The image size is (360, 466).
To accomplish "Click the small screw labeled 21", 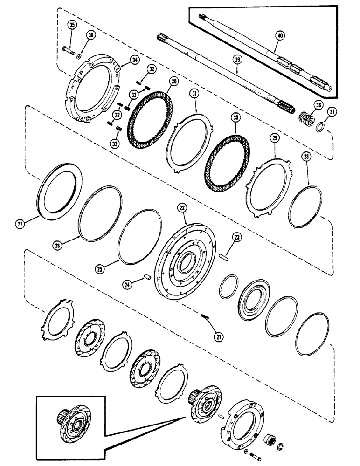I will click(205, 317).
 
